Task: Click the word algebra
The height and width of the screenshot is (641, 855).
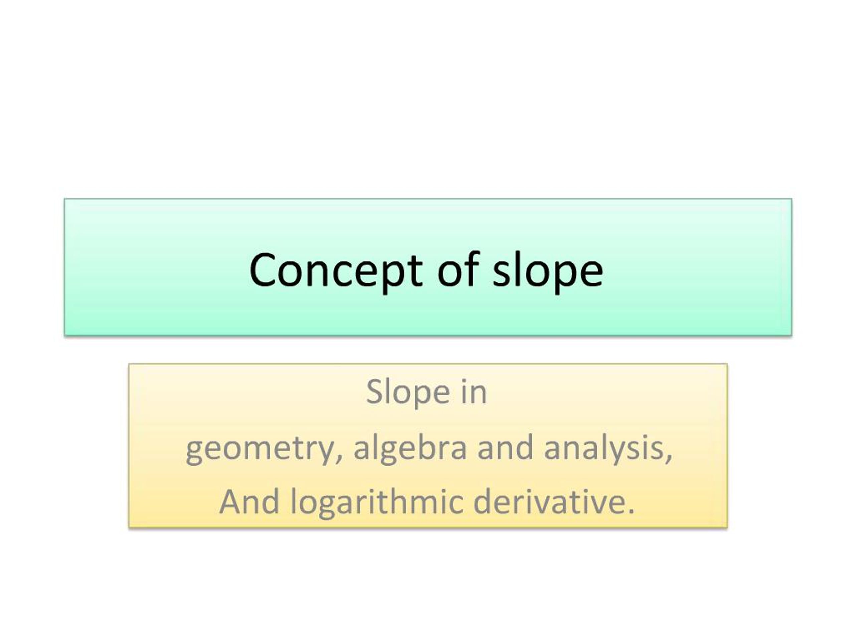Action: click(x=410, y=448)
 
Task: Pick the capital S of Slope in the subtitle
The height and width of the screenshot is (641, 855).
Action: click(x=374, y=392)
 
